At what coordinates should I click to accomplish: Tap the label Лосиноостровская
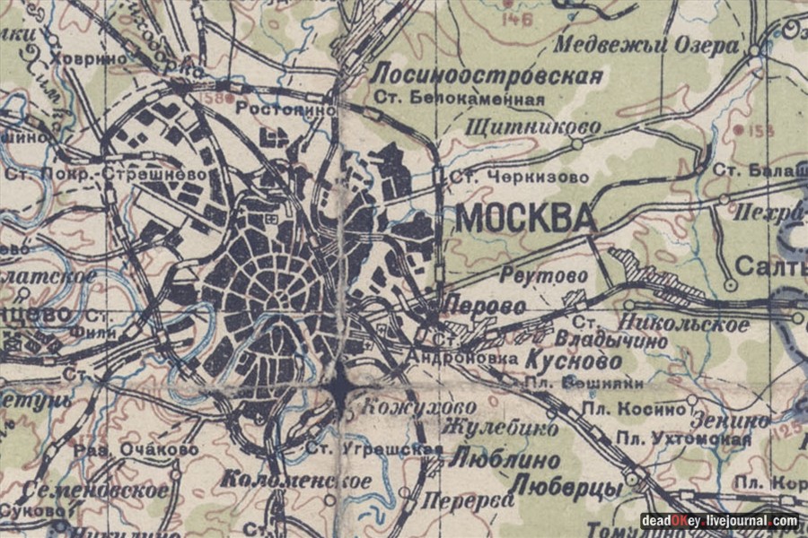[x=488, y=75]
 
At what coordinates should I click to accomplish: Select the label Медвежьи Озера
[x=646, y=46]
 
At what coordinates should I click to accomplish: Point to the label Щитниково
[x=533, y=127]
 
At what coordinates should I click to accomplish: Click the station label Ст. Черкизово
[x=507, y=178]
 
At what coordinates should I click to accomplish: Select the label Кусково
[x=572, y=361]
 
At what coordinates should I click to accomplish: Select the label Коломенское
[x=297, y=481]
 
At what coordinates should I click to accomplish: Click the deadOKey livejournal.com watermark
[x=719, y=520]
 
